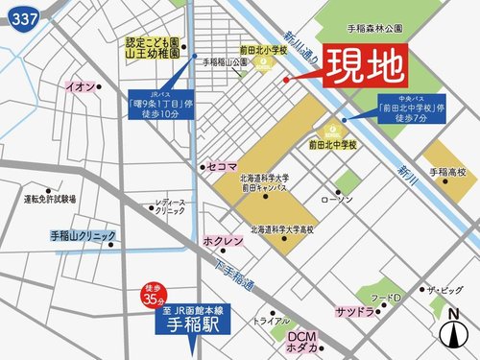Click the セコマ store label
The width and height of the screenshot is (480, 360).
coord(222,167)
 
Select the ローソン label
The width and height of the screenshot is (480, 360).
coord(337,200)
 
